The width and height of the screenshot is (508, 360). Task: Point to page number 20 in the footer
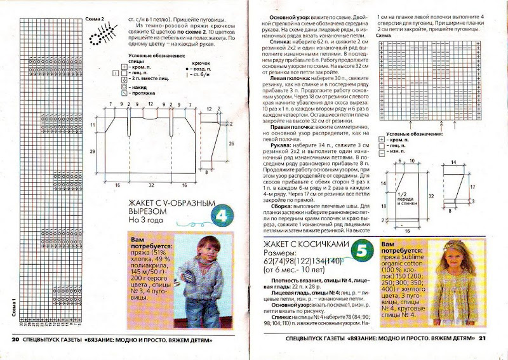pyautogui.click(x=16, y=340)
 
